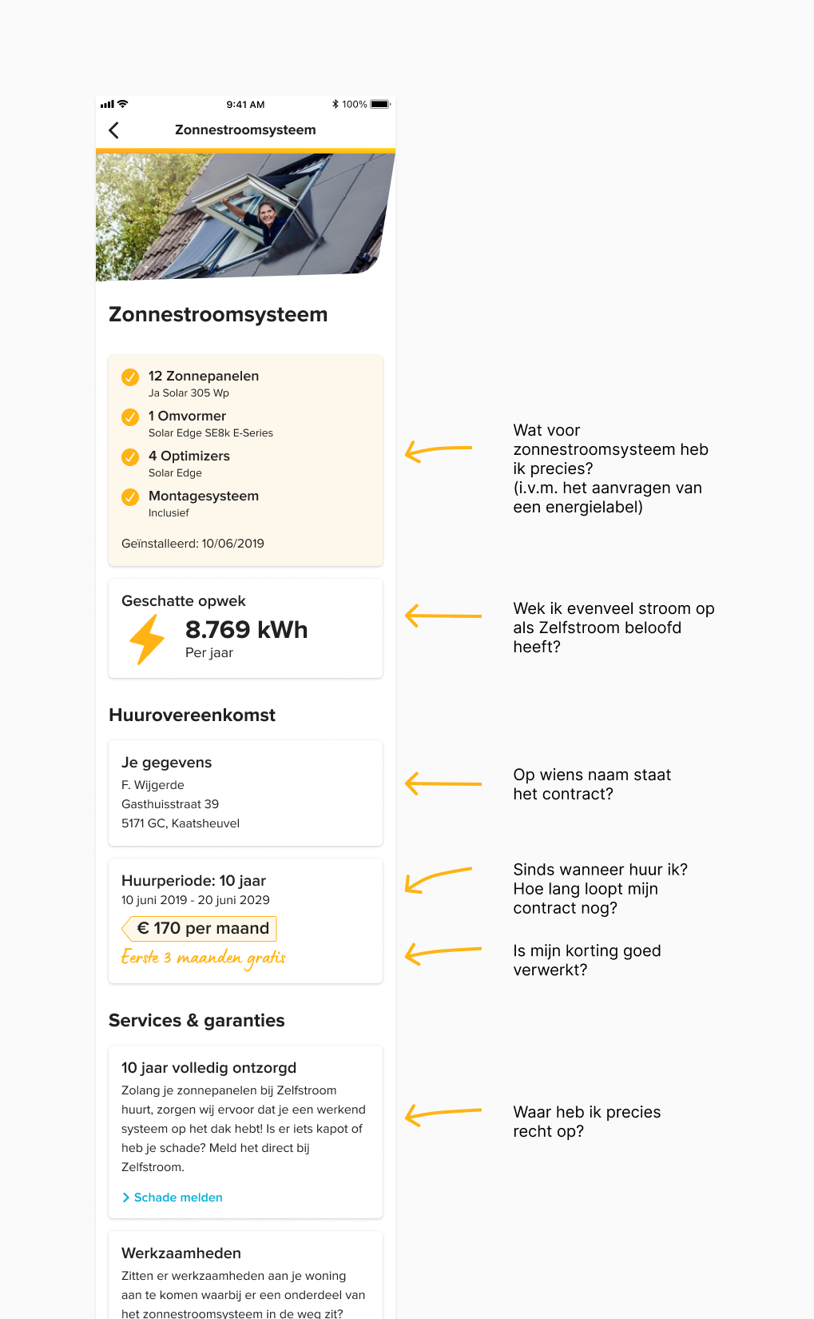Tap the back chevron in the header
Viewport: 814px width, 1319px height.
click(x=113, y=130)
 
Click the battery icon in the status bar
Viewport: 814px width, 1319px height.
click(x=379, y=104)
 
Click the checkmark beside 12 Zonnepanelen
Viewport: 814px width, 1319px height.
click(x=130, y=377)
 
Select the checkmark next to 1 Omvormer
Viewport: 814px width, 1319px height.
click(x=130, y=417)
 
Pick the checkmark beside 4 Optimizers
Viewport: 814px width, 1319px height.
click(x=130, y=457)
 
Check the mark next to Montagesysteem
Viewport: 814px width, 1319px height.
click(x=130, y=497)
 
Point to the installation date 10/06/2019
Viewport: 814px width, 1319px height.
click(x=232, y=544)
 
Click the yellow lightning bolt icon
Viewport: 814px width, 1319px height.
click(x=147, y=640)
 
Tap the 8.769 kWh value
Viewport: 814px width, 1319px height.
click(x=246, y=630)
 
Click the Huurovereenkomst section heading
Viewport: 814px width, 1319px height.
click(x=192, y=715)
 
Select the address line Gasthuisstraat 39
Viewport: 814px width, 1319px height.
click(x=170, y=804)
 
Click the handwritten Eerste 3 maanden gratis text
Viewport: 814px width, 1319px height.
click(x=203, y=958)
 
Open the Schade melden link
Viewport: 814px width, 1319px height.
click(x=177, y=1197)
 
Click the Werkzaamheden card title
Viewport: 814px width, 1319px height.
click(x=181, y=1253)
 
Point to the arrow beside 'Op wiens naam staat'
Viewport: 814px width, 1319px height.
click(x=443, y=783)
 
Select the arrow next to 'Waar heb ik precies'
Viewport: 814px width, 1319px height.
click(x=443, y=1114)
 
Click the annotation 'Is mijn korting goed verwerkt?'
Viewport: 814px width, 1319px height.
click(x=586, y=960)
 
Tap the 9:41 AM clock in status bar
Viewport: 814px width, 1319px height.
click(x=245, y=104)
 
